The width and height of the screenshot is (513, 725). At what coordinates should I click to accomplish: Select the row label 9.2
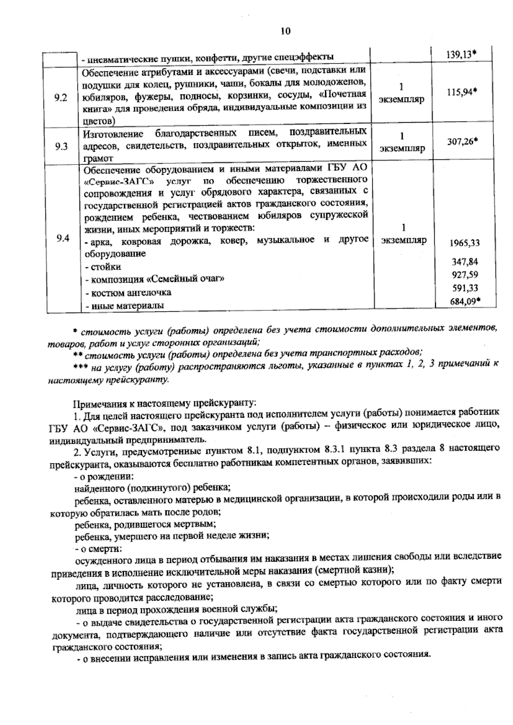[x=62, y=98]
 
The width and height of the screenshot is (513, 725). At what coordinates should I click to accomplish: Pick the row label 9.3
[x=62, y=147]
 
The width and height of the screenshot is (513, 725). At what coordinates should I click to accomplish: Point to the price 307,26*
[x=462, y=141]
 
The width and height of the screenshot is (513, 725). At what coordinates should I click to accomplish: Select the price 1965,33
[x=464, y=243]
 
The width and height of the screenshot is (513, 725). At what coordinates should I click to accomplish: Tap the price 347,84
[x=465, y=262]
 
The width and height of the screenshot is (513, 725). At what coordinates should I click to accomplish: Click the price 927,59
[x=465, y=274]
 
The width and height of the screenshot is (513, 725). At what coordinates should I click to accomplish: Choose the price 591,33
[x=465, y=288]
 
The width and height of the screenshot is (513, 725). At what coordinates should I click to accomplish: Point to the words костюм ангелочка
[x=128, y=293]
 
